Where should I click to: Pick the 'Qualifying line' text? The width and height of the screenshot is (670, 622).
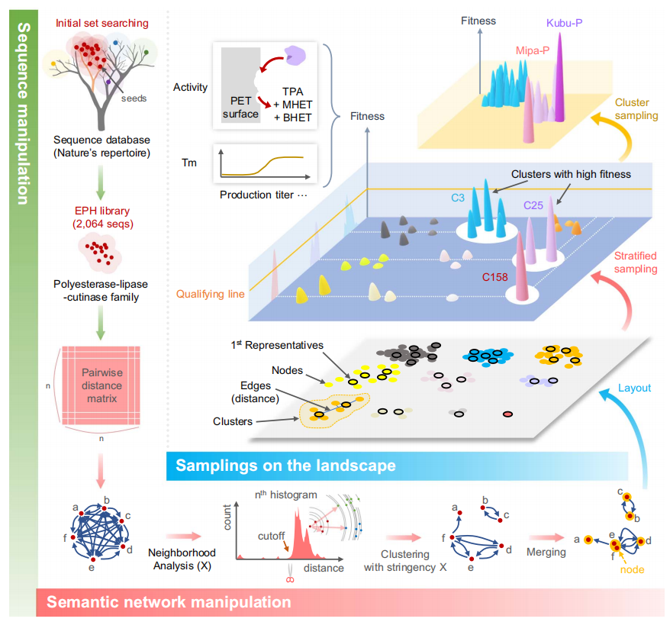[x=211, y=292]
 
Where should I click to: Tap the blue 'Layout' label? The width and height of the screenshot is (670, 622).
[x=635, y=388]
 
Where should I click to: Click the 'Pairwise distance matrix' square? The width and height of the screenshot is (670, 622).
[x=101, y=386]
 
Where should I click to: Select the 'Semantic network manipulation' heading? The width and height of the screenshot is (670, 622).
[x=169, y=602]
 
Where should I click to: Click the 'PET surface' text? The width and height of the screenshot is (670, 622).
[x=240, y=108]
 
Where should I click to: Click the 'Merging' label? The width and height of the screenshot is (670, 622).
[x=546, y=552]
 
